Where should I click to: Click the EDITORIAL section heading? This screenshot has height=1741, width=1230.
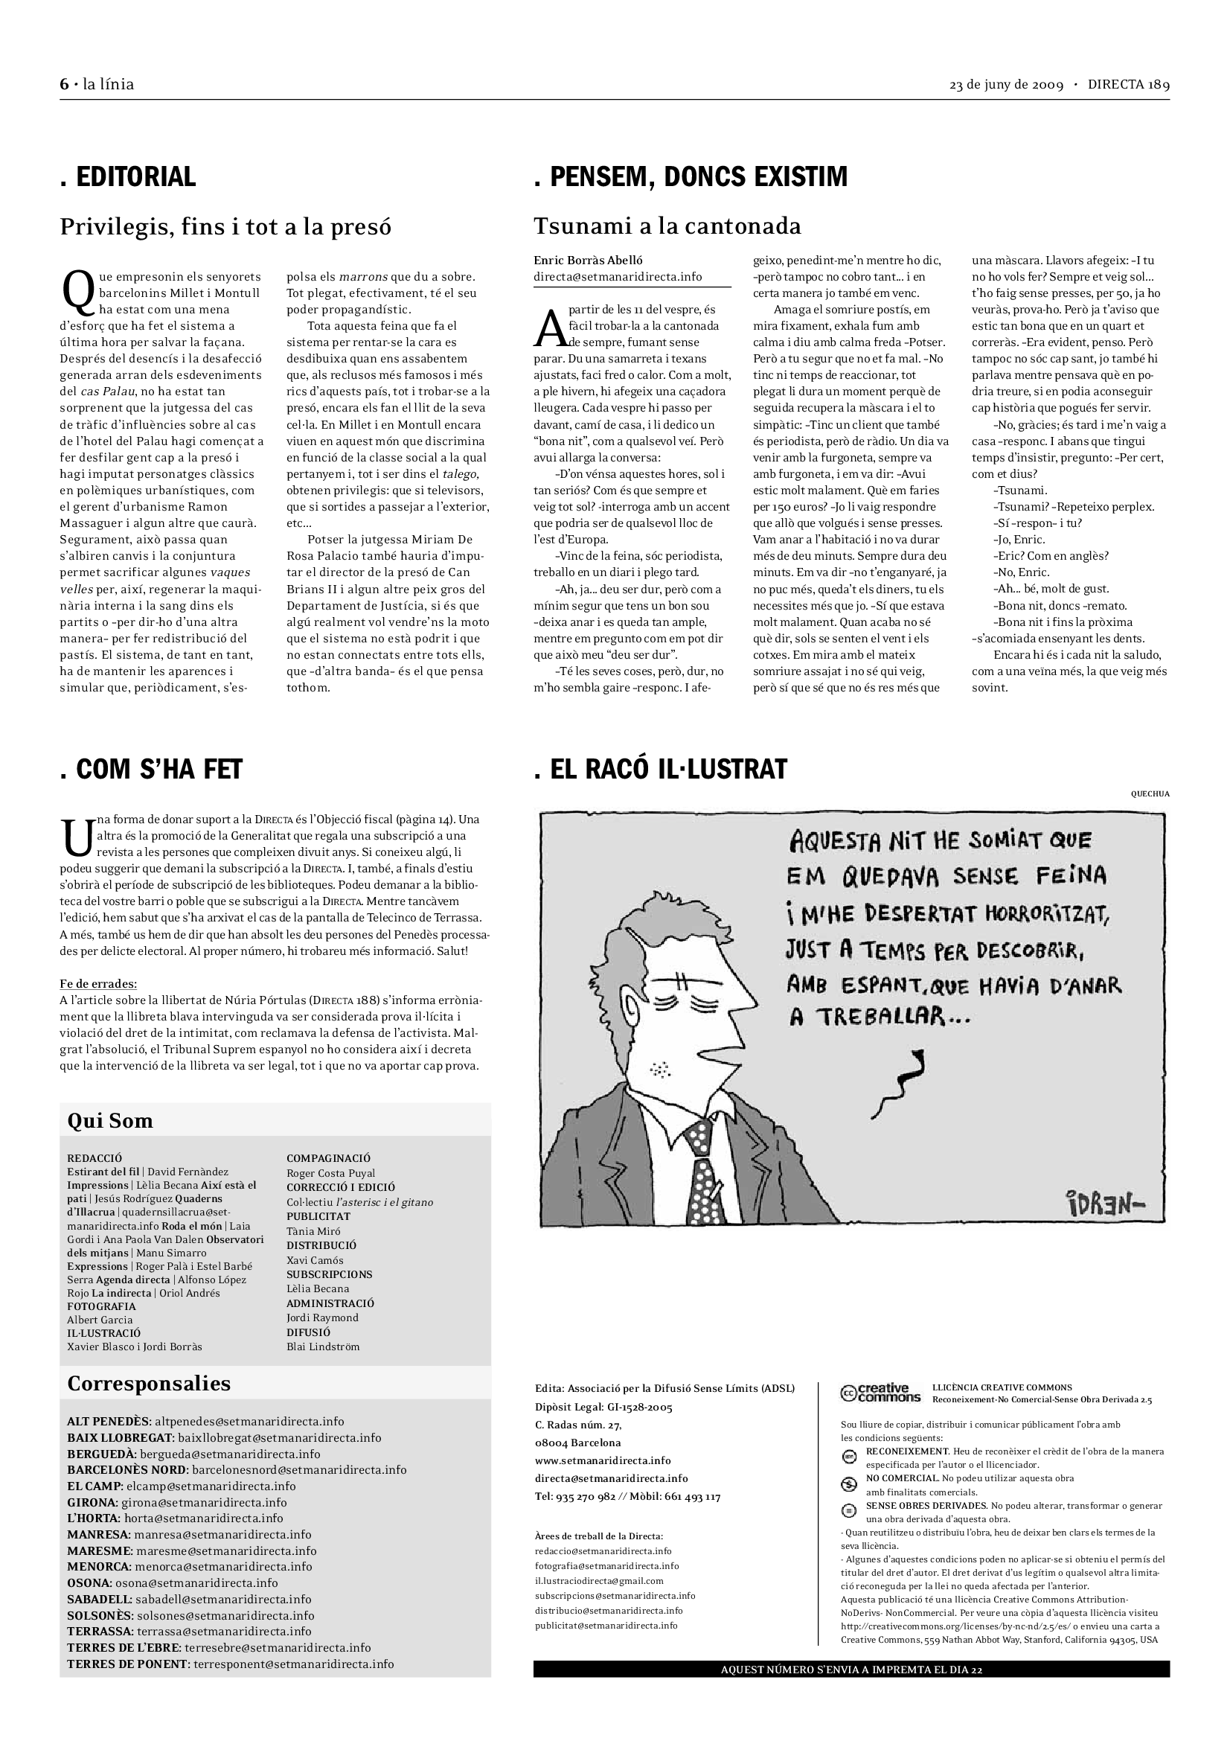128,176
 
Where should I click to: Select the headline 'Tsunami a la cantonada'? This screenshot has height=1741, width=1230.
667,226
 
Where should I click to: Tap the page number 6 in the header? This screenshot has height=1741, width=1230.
65,84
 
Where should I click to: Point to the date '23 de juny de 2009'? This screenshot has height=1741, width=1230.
1006,85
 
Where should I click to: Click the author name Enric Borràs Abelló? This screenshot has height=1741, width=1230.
588,260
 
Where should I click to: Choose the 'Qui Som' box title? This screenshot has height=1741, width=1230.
110,1121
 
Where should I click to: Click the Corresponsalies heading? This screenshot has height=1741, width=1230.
149,1383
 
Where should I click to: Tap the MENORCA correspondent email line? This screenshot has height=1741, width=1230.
190,1567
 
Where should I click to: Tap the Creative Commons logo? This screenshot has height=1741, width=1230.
880,1393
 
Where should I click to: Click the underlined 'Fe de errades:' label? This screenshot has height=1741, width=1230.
98,983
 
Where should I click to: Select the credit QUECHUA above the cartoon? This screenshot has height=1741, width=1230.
1150,794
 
